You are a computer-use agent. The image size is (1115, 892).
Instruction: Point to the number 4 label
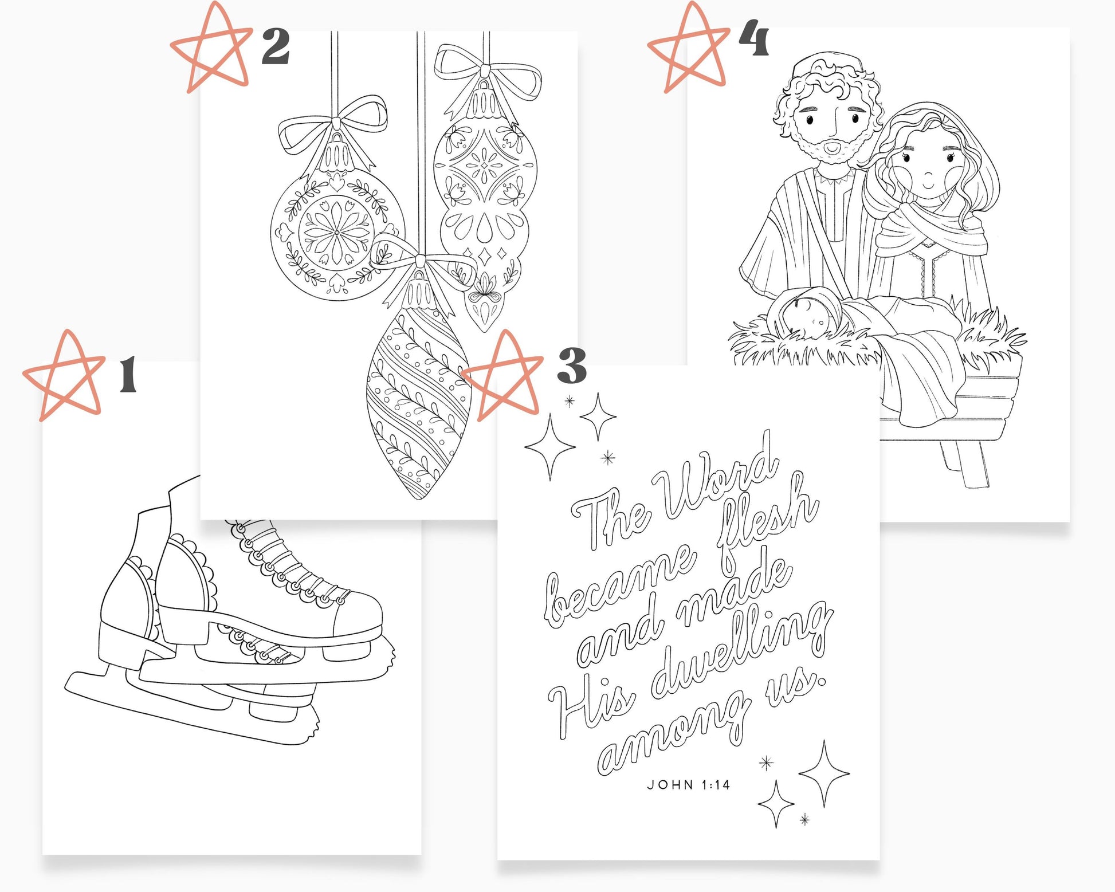pyautogui.click(x=753, y=38)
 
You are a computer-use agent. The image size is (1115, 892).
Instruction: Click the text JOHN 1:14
pyautogui.click(x=688, y=785)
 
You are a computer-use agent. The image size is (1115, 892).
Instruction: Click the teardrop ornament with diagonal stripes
pyautogui.click(x=418, y=401)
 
